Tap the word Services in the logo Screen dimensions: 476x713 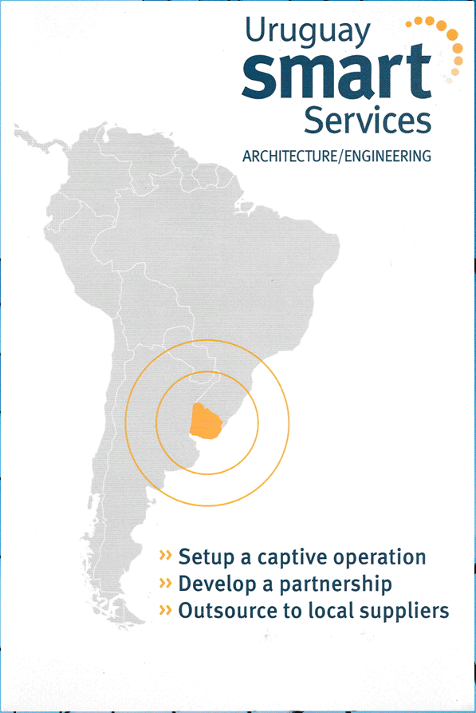pos(368,121)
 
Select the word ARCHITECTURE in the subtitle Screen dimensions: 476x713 pos(289,156)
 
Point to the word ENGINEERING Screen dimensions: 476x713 pos(387,156)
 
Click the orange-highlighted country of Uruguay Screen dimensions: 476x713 pos(207,421)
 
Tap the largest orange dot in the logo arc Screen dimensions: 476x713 pos(452,34)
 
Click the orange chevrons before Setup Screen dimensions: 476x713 pos(166,555)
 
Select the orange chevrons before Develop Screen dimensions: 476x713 pos(166,583)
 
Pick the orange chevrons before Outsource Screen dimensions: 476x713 pos(166,610)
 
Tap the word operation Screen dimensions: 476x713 pos(380,558)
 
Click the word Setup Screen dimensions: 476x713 pos(207,558)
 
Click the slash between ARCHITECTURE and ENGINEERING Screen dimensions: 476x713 pos(340,156)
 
